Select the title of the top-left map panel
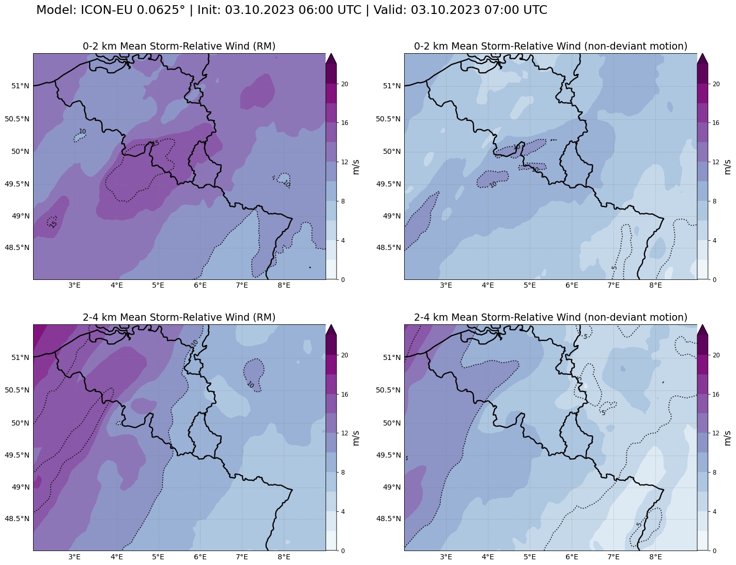pos(179,46)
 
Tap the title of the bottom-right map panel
pos(550,318)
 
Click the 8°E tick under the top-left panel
pos(284,286)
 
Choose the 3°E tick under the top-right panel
pos(446,286)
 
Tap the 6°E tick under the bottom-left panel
pos(200,557)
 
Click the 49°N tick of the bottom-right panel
pos(392,487)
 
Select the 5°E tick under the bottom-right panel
pos(530,557)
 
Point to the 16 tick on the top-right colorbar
pos(716,123)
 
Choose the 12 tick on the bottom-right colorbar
pos(716,433)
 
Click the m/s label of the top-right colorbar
pos(727,167)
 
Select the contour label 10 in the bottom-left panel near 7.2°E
pos(250,385)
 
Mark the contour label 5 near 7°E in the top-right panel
pos(614,268)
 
